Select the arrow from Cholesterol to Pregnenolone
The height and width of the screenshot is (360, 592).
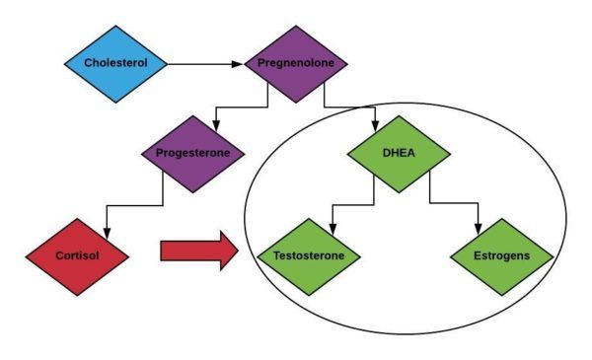click(204, 64)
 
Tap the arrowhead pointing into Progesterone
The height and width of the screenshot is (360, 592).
click(215, 124)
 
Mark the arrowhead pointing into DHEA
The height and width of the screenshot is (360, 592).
click(376, 124)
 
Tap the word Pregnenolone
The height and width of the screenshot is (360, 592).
click(295, 64)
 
